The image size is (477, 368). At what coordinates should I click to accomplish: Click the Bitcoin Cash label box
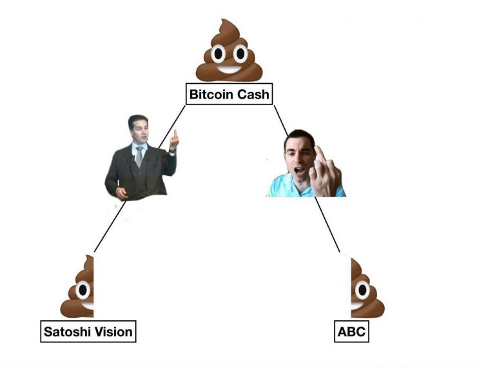[x=229, y=95]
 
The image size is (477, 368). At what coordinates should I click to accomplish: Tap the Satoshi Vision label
[x=88, y=332]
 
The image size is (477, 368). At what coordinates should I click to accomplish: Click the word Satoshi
[x=66, y=332]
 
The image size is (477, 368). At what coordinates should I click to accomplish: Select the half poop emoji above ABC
[x=366, y=290]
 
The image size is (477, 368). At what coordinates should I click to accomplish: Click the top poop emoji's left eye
[x=217, y=53]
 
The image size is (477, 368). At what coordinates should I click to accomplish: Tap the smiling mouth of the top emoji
[x=229, y=68]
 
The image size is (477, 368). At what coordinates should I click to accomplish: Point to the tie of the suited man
[x=139, y=157]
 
